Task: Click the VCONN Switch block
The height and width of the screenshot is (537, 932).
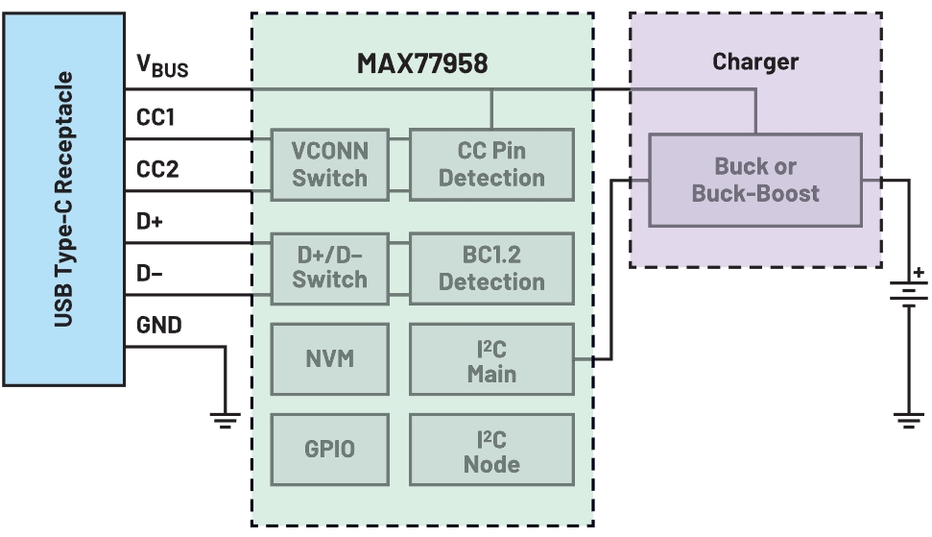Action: [x=329, y=164]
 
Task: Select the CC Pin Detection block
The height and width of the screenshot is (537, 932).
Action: [x=491, y=164]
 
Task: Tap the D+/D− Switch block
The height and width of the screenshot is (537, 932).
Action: [x=329, y=267]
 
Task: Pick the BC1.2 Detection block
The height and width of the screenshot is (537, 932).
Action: [x=491, y=267]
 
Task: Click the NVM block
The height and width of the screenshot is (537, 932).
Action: [x=329, y=359]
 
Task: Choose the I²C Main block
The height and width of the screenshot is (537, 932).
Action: [x=491, y=359]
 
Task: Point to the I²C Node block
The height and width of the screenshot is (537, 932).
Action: [x=491, y=451]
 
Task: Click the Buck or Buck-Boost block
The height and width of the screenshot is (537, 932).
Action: [x=754, y=180]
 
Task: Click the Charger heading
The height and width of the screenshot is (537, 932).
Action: [x=755, y=62]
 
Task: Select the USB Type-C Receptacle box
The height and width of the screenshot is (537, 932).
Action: [x=62, y=199]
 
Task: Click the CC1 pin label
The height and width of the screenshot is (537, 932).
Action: [x=155, y=118]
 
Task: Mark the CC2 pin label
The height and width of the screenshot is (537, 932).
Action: [x=155, y=170]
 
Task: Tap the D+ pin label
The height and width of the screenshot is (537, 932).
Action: [x=149, y=222]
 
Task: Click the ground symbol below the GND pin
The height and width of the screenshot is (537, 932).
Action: [x=226, y=418]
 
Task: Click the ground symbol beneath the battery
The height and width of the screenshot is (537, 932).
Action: [x=907, y=418]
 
